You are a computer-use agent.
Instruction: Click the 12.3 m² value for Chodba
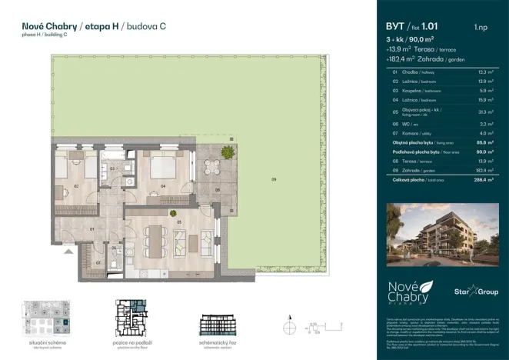point(480,72)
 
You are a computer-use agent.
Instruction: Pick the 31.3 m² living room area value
point(480,112)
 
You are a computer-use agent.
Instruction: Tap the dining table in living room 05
point(158,232)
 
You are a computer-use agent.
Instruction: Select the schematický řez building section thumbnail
point(222,323)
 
